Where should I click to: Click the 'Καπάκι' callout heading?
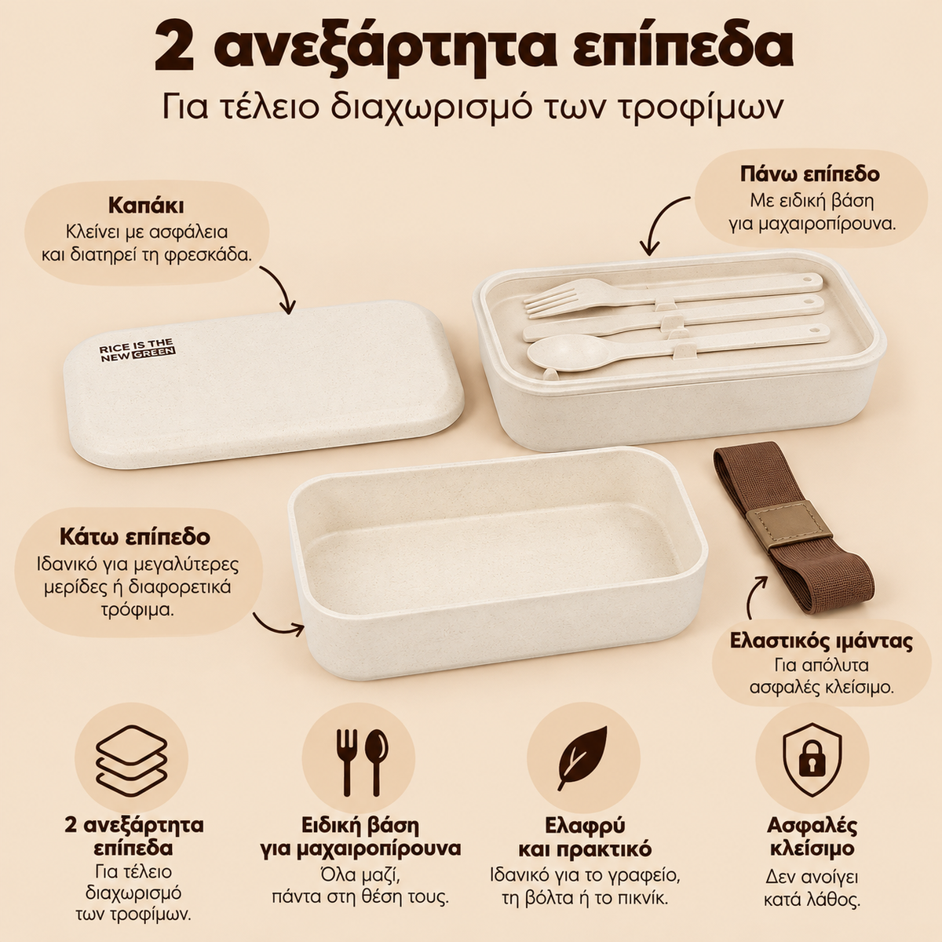[146, 206]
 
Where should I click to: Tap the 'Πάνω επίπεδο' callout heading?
[809, 174]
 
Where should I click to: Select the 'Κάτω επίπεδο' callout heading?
[135, 537]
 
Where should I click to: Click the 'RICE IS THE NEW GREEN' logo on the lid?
[137, 350]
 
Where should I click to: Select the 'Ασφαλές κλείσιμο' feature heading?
[812, 836]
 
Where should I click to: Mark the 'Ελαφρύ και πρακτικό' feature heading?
[585, 837]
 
